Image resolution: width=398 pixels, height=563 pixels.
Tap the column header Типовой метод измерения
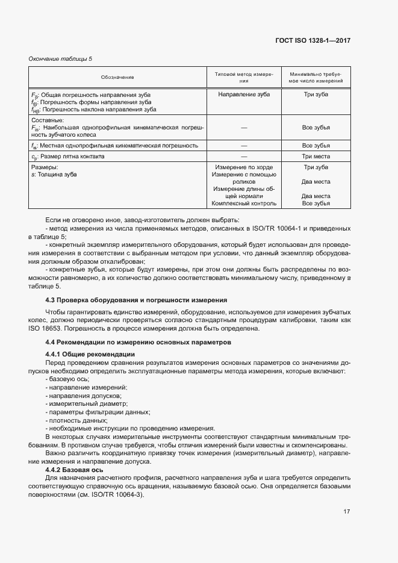click(244, 77)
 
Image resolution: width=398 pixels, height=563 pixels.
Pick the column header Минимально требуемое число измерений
click(316, 77)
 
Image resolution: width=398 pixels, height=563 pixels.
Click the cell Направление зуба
click(244, 95)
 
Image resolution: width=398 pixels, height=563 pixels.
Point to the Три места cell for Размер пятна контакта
click(316, 157)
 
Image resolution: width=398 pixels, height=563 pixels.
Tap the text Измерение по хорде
click(244, 167)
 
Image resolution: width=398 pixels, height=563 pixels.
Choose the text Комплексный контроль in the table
click(244, 204)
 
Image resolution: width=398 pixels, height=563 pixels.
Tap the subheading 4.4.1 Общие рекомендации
click(90, 354)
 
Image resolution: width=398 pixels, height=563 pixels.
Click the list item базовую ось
click(67, 378)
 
